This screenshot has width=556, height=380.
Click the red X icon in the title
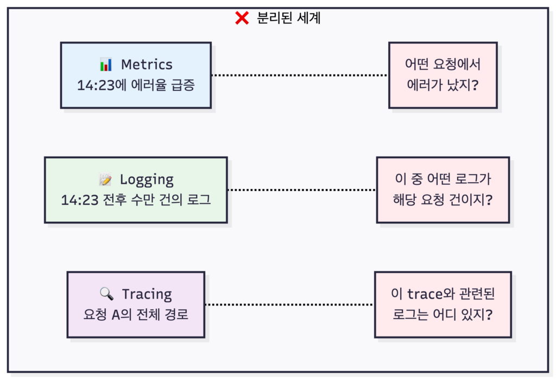coord(242,18)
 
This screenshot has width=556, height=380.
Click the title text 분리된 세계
coord(289,18)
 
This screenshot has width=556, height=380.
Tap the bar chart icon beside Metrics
coord(106,64)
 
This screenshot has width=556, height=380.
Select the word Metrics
coord(147,65)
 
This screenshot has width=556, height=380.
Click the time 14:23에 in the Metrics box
coord(102,85)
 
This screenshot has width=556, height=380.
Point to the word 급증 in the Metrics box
coord(183,85)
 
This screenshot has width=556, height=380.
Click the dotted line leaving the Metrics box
coord(300,75)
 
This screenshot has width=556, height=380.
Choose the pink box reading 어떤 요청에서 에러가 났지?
coord(443,75)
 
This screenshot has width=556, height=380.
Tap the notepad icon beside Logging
coord(105,179)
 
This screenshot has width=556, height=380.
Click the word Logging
coord(147,180)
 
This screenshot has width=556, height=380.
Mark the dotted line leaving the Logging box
coord(302,190)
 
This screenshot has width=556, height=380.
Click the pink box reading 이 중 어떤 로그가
coord(443,190)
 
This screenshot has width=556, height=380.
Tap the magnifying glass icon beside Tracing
coord(106,294)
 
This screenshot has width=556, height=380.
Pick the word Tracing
coord(147,295)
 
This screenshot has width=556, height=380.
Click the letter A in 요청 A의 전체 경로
coord(116,315)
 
